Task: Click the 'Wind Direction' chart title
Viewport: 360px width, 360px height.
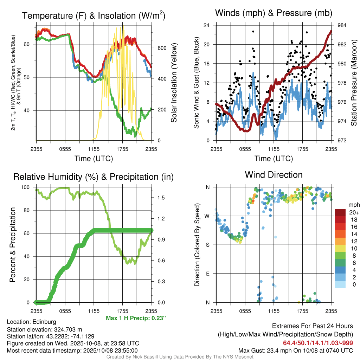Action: point(274,175)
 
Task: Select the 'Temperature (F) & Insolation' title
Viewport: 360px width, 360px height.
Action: point(94,16)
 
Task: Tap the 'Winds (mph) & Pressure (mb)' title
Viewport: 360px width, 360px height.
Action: point(274,13)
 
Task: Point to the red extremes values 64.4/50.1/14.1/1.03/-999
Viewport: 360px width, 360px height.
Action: point(318,343)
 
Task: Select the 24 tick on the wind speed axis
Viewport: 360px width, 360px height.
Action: point(207,25)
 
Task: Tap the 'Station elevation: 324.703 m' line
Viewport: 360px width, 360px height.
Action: point(44,329)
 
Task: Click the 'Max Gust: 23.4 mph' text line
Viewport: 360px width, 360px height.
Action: point(295,350)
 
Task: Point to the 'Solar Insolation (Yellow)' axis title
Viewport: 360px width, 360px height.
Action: point(174,83)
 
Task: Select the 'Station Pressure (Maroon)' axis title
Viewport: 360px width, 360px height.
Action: point(354,83)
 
